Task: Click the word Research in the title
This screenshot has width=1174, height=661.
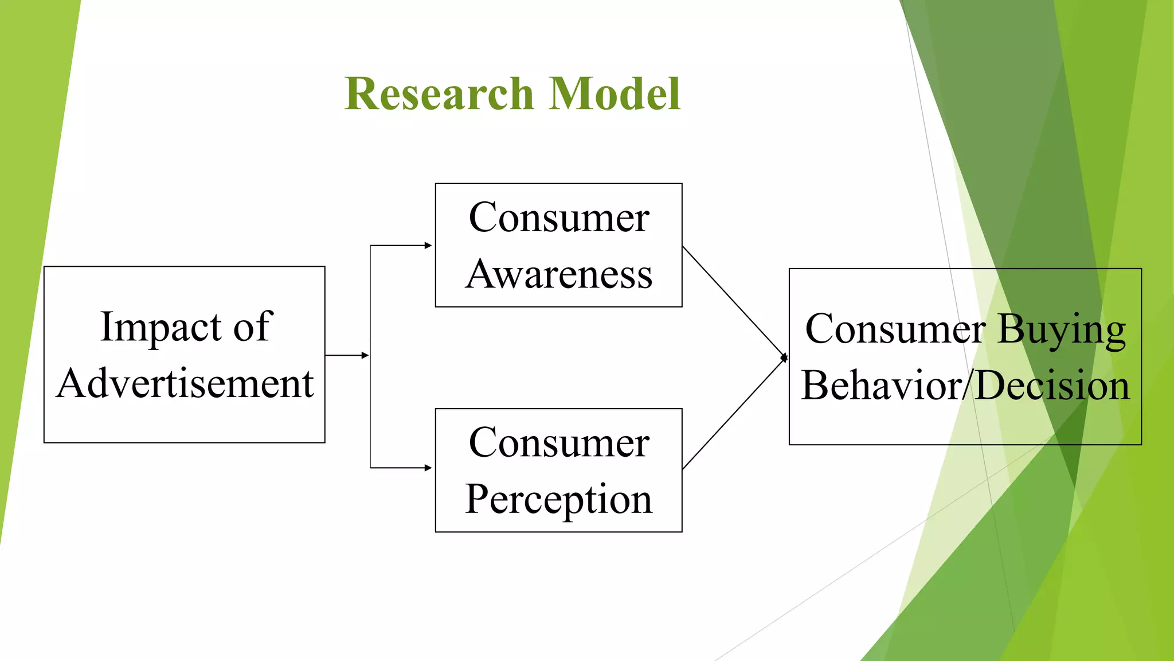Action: coord(439,94)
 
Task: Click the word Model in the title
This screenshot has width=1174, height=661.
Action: coord(614,94)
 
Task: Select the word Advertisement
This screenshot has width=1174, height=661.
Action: coord(185,383)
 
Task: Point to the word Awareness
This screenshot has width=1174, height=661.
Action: coord(559,274)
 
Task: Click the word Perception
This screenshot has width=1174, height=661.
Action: coord(559,499)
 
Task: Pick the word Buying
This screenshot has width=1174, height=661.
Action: coord(1062,330)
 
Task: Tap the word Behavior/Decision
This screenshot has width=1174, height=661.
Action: coord(965,385)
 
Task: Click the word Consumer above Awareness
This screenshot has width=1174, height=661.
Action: coord(559,218)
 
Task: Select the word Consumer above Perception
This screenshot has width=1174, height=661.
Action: coord(559,443)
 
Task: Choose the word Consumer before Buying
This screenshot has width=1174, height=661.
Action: coord(895,329)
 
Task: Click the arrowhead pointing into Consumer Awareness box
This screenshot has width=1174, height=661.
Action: coord(428,246)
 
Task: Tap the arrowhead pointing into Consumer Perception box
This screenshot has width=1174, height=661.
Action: coord(428,468)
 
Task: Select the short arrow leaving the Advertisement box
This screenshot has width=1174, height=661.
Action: coord(346,355)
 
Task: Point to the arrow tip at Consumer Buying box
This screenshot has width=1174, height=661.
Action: coord(784,357)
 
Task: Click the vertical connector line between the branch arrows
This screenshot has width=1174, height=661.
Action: coord(370,402)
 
